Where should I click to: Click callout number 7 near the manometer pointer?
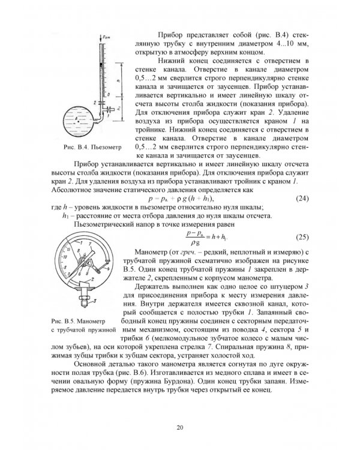(92, 245)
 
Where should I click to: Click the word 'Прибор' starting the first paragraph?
(170, 35)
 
